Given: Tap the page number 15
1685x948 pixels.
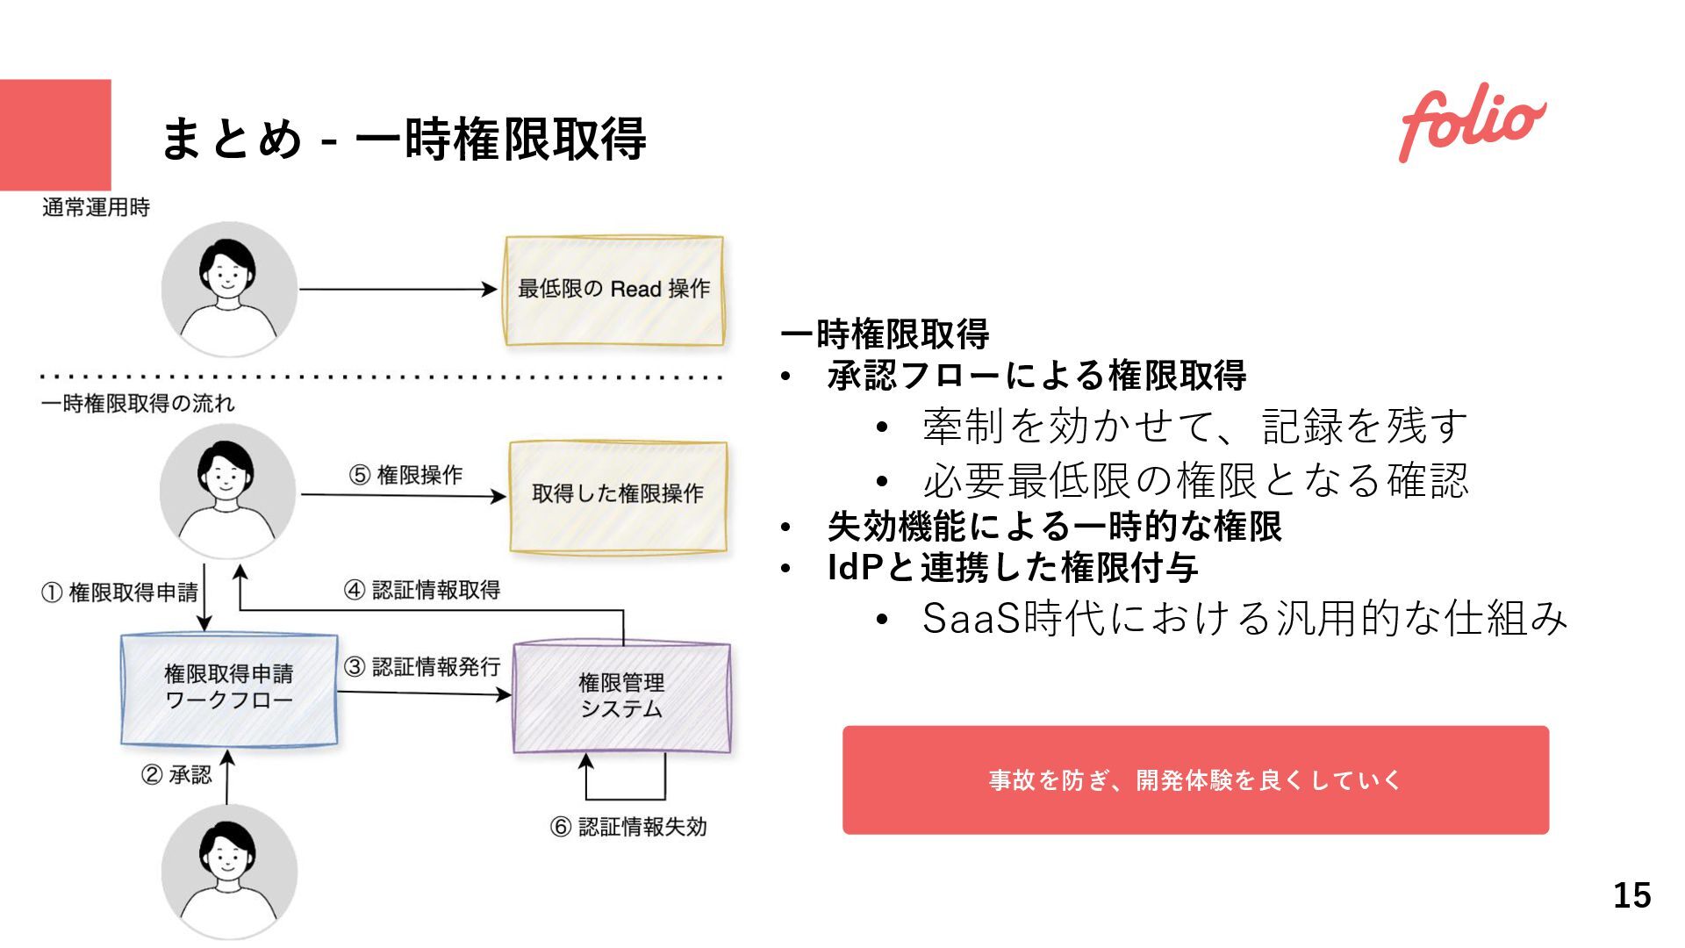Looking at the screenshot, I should click(1631, 895).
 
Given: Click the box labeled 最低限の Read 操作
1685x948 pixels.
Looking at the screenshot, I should click(614, 290).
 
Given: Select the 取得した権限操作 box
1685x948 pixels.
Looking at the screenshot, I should click(619, 495).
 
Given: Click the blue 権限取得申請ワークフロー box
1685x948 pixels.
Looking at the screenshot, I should click(229, 689).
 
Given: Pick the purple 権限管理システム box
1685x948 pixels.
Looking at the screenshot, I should click(621, 697).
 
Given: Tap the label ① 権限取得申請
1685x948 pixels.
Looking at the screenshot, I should click(120, 593).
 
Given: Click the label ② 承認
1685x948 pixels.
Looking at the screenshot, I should click(176, 775).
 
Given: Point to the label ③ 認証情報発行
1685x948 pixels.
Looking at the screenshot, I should click(423, 668).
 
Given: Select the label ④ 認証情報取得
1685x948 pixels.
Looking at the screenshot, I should click(422, 591).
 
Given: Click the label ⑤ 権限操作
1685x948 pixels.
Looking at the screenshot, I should click(405, 476).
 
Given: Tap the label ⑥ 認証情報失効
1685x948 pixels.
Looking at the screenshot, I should click(628, 827).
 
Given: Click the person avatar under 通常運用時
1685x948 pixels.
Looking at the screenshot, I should click(229, 290).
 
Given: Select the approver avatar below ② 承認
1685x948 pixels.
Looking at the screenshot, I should click(229, 872).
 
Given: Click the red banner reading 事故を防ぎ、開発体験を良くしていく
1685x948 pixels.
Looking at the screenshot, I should click(1195, 780).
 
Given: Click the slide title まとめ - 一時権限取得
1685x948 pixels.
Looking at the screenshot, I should click(404, 139).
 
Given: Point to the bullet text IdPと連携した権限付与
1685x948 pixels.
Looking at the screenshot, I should click(1013, 568).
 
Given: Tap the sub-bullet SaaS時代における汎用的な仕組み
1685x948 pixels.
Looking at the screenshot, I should click(1244, 619).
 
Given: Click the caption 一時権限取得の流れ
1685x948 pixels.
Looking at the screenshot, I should click(138, 404).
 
